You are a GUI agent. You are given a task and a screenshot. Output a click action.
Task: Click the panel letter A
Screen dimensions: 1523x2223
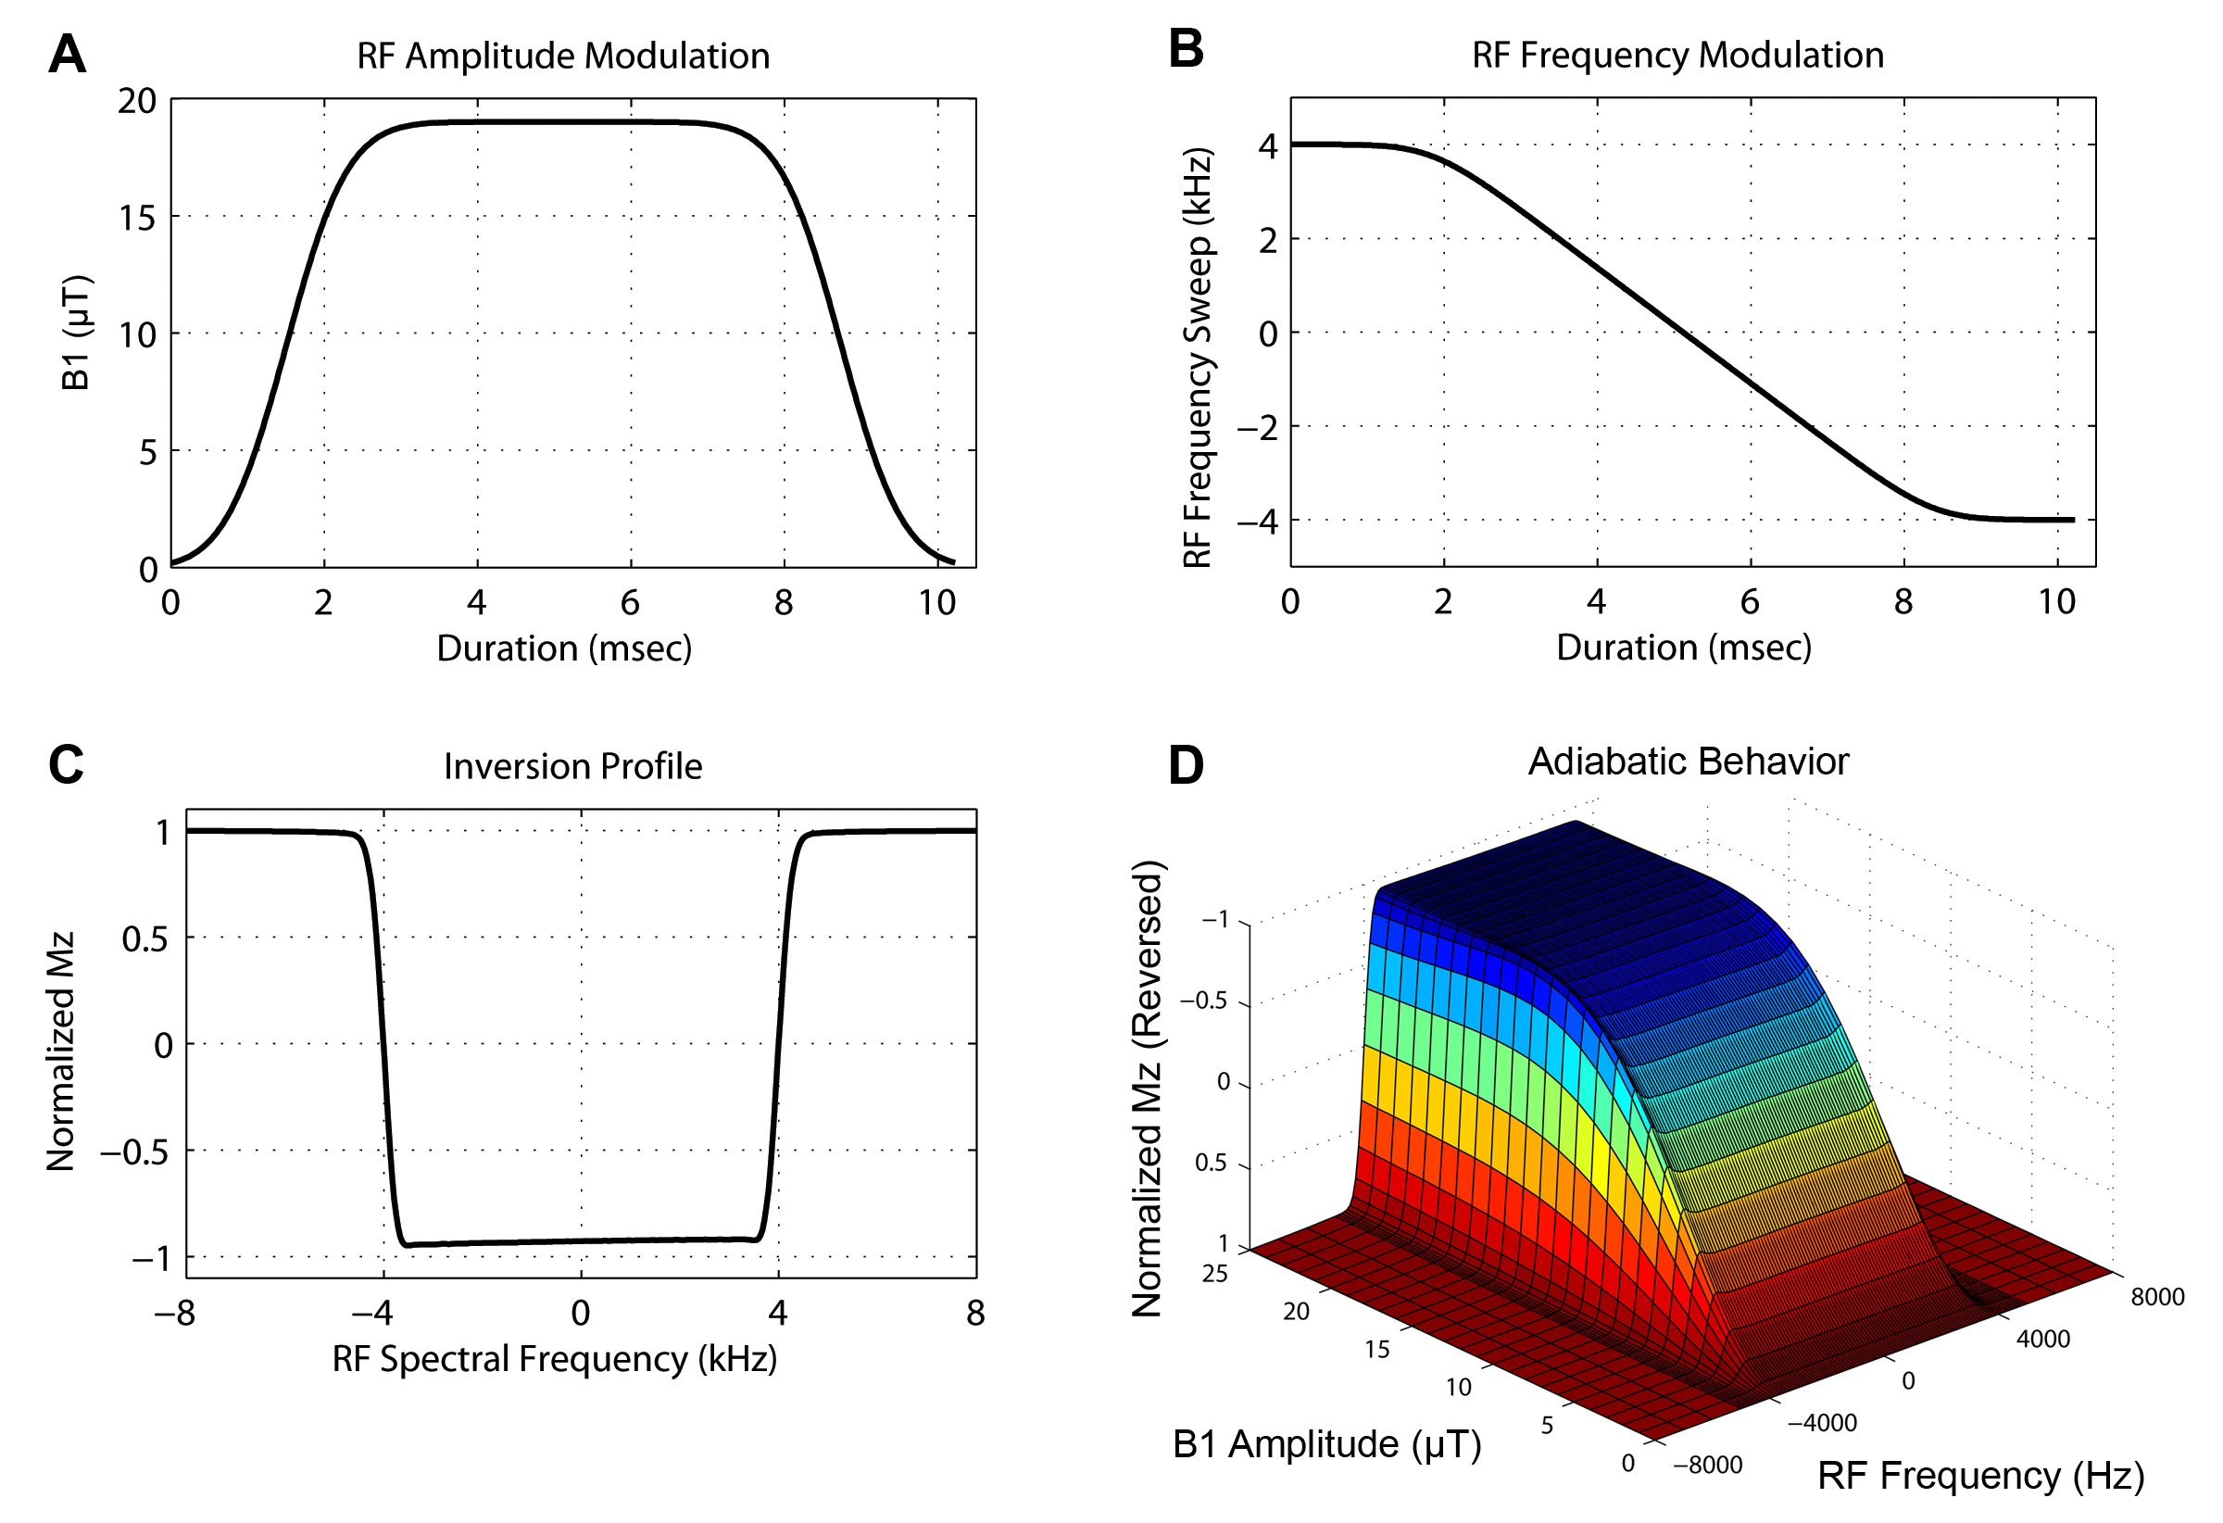tap(67, 54)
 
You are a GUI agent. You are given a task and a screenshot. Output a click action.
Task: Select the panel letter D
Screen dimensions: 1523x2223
tap(1187, 765)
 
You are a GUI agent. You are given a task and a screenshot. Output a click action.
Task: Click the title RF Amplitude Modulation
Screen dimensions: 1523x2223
tap(562, 56)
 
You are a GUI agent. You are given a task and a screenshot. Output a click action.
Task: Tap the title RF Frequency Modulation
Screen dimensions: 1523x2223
tap(1677, 55)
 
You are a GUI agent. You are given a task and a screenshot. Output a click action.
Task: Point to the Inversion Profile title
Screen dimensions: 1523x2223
tap(572, 766)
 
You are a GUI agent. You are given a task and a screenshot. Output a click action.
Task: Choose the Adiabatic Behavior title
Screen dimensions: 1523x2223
tap(1688, 761)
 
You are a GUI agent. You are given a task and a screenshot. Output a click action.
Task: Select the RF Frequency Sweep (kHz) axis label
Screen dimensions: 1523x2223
tap(1198, 358)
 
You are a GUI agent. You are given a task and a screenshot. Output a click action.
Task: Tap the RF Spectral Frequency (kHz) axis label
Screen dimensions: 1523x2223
tap(554, 1358)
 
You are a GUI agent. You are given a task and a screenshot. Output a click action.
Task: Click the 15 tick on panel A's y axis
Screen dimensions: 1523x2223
tap(137, 218)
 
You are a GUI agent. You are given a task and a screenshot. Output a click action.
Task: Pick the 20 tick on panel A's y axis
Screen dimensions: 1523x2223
tap(137, 100)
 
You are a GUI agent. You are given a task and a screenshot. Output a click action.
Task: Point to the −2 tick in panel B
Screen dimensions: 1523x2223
tap(1257, 428)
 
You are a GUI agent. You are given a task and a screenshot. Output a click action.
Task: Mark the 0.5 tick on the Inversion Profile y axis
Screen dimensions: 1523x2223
tap(144, 939)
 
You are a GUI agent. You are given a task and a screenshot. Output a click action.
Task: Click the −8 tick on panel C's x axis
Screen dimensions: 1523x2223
tap(174, 1314)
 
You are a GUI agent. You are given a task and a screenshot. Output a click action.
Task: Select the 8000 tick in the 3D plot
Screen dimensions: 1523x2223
tap(2157, 1297)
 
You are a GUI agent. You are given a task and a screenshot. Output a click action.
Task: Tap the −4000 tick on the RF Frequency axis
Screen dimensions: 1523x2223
tap(1821, 1423)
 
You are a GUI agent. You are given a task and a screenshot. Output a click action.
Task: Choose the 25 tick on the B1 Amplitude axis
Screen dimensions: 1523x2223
tap(1215, 1275)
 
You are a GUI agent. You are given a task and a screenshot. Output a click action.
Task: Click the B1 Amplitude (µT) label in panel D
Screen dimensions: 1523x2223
tap(1326, 1444)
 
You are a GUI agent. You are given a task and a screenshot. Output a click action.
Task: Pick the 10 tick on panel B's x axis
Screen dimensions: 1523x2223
tap(2056, 602)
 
